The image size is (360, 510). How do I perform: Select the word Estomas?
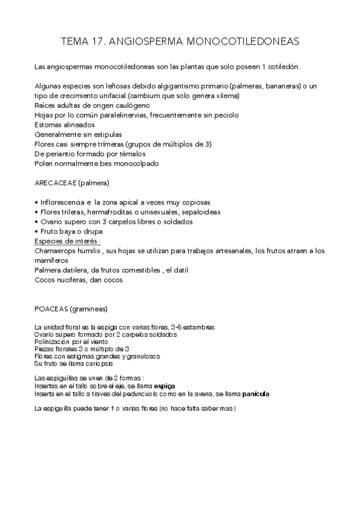[49, 124]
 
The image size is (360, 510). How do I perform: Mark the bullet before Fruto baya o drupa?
[37, 232]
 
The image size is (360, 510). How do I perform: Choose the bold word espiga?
[165, 385]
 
